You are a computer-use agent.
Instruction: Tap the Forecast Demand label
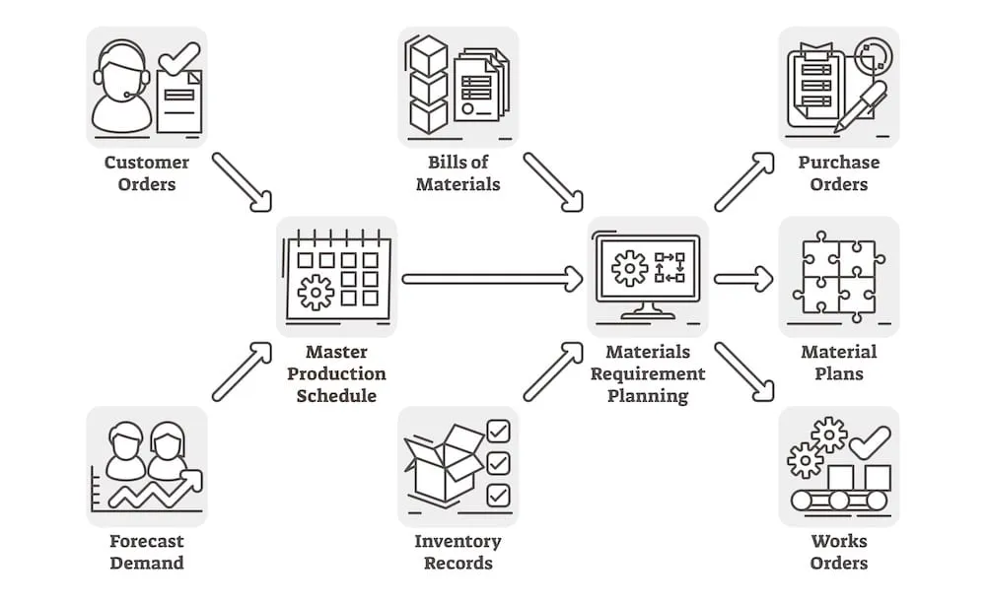coord(146,552)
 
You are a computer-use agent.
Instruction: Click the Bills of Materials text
coord(458,172)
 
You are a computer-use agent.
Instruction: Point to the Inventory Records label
coord(458,552)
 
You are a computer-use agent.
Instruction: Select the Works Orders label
coord(838,552)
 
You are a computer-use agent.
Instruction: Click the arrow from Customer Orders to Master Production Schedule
coord(242,181)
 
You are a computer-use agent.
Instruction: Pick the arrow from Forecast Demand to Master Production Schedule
coord(242,371)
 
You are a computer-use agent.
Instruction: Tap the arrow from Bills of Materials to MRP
coord(553,181)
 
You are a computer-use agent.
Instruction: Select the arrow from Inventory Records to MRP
coord(553,371)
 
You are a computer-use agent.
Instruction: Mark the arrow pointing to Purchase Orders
coord(743,181)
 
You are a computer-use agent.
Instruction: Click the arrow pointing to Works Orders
coord(743,371)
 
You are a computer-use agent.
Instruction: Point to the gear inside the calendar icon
coord(316,293)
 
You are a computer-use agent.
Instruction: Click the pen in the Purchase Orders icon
coord(861,105)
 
